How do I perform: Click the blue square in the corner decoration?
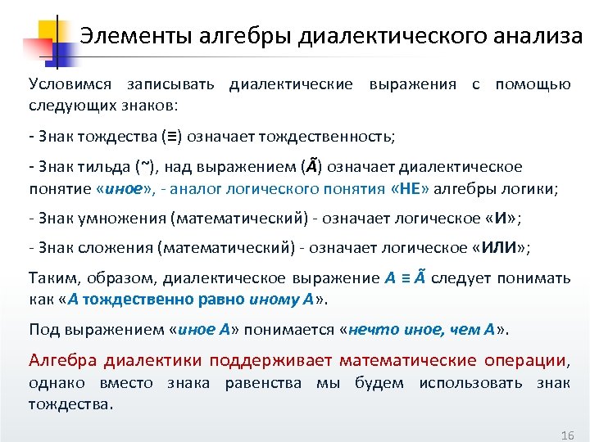point(61,51)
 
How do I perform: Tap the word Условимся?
point(69,84)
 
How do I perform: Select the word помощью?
point(533,84)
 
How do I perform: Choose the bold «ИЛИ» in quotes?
point(501,247)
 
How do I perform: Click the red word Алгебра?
point(63,360)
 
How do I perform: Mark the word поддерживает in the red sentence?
point(270,360)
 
